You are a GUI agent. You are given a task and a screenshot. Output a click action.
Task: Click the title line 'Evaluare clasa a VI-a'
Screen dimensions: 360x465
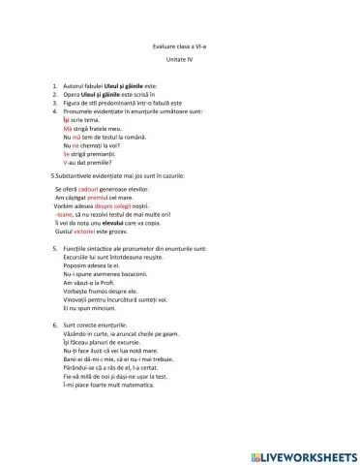click(180, 46)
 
